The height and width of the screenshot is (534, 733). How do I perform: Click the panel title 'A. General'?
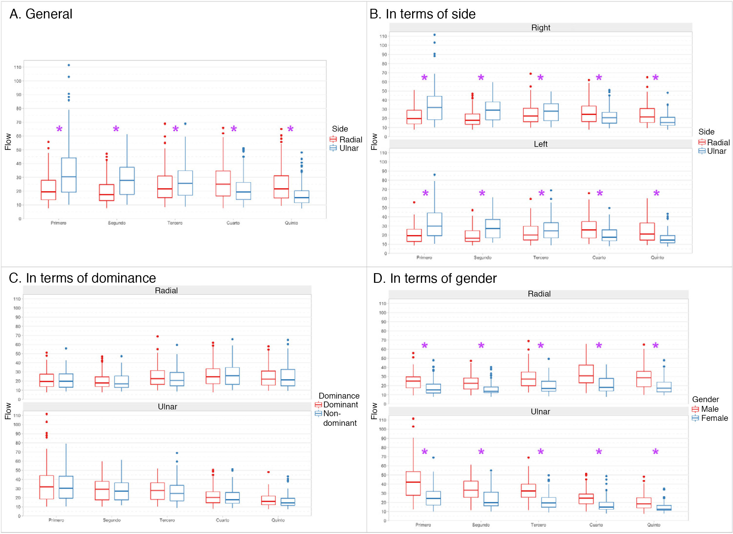coord(41,14)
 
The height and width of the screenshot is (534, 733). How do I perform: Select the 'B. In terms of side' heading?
coord(422,14)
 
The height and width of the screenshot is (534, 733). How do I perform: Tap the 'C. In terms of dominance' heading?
coord(82,278)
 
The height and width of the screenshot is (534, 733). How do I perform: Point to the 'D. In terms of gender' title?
coord(435,278)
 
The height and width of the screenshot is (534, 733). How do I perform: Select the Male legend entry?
coord(709,409)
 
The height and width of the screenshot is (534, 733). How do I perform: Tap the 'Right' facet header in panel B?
coord(541,28)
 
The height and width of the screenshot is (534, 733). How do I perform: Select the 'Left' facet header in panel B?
coord(541,144)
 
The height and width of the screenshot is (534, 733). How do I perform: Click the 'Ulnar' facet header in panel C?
coord(167,407)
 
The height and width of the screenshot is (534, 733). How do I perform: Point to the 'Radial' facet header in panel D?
coord(539,294)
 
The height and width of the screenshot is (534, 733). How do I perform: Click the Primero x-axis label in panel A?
coord(58,223)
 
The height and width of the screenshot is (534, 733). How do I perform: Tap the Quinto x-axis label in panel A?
coord(291,223)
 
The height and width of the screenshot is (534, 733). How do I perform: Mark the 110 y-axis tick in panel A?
coord(18,67)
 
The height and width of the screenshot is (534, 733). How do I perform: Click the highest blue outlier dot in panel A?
coord(69,65)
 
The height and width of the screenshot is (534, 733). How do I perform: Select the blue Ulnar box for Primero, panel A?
coord(69,175)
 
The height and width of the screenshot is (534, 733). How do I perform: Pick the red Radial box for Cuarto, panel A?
coord(223,183)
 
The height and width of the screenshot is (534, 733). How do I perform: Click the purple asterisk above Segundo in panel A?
coord(116,129)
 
